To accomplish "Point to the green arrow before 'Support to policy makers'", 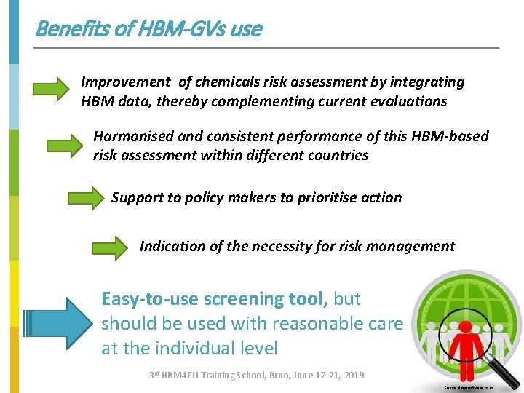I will point(85,197).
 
